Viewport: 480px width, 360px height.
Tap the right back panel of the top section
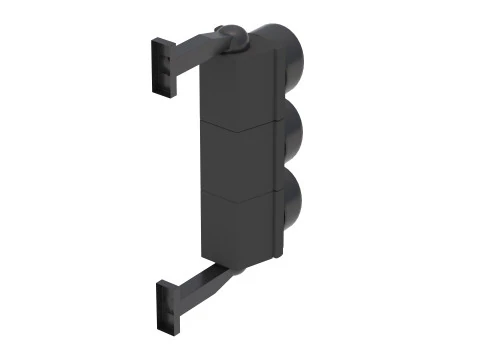coord(263,88)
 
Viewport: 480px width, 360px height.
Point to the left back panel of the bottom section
coord(225,227)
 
